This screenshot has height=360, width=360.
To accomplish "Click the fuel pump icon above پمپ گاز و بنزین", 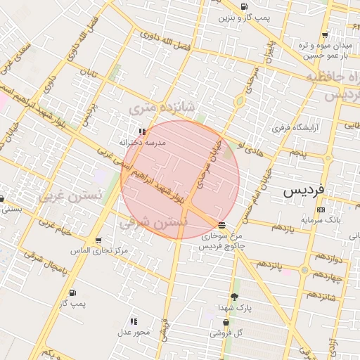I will (244, 7).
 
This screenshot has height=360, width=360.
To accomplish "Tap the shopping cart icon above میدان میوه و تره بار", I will (324, 34).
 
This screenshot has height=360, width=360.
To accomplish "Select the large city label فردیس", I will (303, 191).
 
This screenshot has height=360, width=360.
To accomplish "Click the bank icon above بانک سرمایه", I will (321, 210).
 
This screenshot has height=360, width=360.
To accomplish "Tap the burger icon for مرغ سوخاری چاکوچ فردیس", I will (222, 225).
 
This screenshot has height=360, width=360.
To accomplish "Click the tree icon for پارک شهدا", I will (234, 297).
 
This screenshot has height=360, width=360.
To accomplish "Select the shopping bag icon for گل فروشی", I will (226, 323).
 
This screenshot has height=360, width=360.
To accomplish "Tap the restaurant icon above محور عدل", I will (134, 321).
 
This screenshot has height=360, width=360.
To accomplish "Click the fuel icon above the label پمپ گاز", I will (73, 292).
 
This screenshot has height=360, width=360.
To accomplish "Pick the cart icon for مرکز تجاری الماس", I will (98, 240).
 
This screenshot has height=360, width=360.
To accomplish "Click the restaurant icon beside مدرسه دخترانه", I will (142, 131).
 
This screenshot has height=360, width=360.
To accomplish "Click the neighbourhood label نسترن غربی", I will (71, 193).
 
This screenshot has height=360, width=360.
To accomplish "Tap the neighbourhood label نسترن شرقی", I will (153, 223).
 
